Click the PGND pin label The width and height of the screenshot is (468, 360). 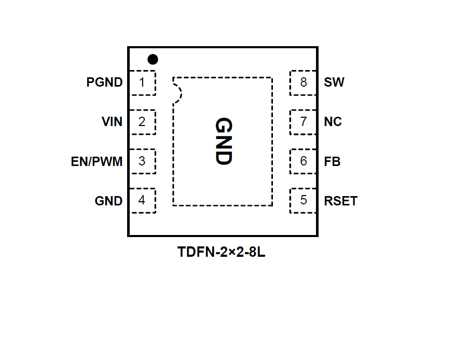[105, 82]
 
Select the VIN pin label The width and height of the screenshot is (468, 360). [112, 122]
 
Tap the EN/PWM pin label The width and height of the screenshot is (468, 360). [97, 161]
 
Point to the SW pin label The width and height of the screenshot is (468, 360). [334, 82]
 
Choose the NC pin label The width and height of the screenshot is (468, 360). [333, 122]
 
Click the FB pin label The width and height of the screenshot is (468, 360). [332, 161]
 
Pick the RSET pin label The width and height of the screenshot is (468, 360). [341, 201]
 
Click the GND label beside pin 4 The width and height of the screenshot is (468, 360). [108, 201]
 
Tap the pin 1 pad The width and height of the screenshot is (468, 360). [142, 82]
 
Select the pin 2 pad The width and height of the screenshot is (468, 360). [142, 122]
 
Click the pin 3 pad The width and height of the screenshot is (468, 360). [142, 161]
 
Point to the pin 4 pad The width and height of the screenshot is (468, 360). [142, 201]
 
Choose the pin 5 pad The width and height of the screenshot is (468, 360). [303, 201]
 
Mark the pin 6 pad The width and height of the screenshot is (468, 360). [303, 161]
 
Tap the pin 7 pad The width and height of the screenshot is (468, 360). [303, 122]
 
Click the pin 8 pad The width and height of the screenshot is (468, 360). [303, 82]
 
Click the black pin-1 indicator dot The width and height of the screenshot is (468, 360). [153, 59]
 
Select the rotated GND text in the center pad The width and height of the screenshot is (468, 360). [223, 141]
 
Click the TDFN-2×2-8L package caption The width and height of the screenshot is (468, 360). [222, 253]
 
